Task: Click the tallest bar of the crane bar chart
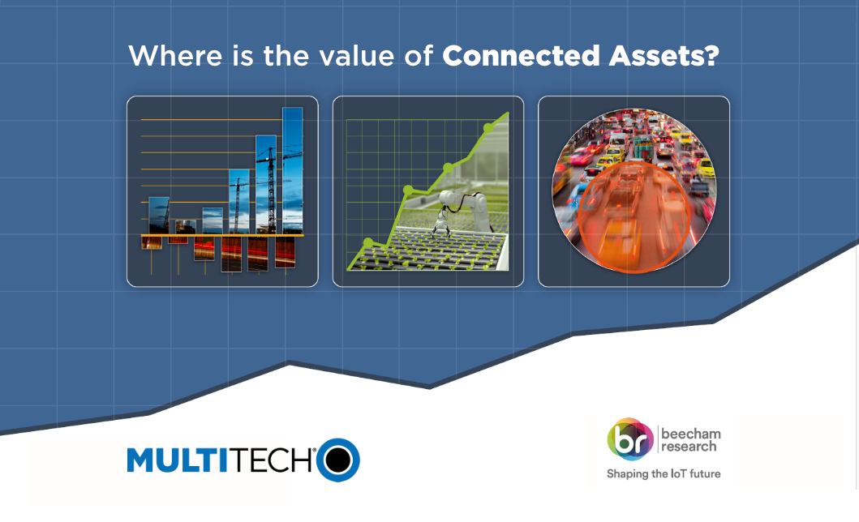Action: point(292,170)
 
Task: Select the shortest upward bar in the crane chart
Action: point(186,226)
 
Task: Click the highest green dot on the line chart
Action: point(488,128)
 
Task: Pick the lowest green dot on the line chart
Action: point(369,242)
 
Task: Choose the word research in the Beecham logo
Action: point(689,447)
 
